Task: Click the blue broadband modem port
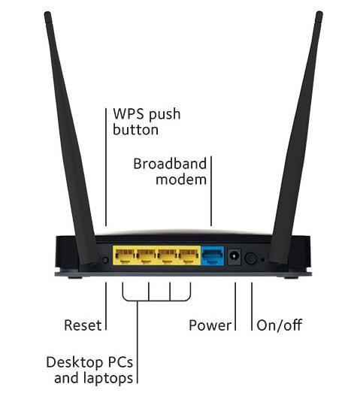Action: tap(213, 256)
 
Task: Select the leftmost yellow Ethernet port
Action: tap(125, 255)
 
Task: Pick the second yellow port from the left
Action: tap(146, 255)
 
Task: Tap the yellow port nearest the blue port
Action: tap(189, 255)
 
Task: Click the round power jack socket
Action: tap(234, 257)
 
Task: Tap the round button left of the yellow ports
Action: tap(105, 260)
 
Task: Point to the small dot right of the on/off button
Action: tap(262, 260)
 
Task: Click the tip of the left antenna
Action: tap(47, 13)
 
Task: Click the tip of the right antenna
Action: tap(319, 13)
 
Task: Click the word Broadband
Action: tap(170, 164)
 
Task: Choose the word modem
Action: tap(181, 180)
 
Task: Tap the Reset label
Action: tap(83, 325)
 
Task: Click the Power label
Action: tap(210, 325)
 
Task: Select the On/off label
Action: tap(280, 325)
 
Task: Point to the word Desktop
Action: tap(74, 363)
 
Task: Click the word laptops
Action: tap(108, 379)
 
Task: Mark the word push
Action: tap(165, 115)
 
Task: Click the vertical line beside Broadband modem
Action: tap(211, 191)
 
